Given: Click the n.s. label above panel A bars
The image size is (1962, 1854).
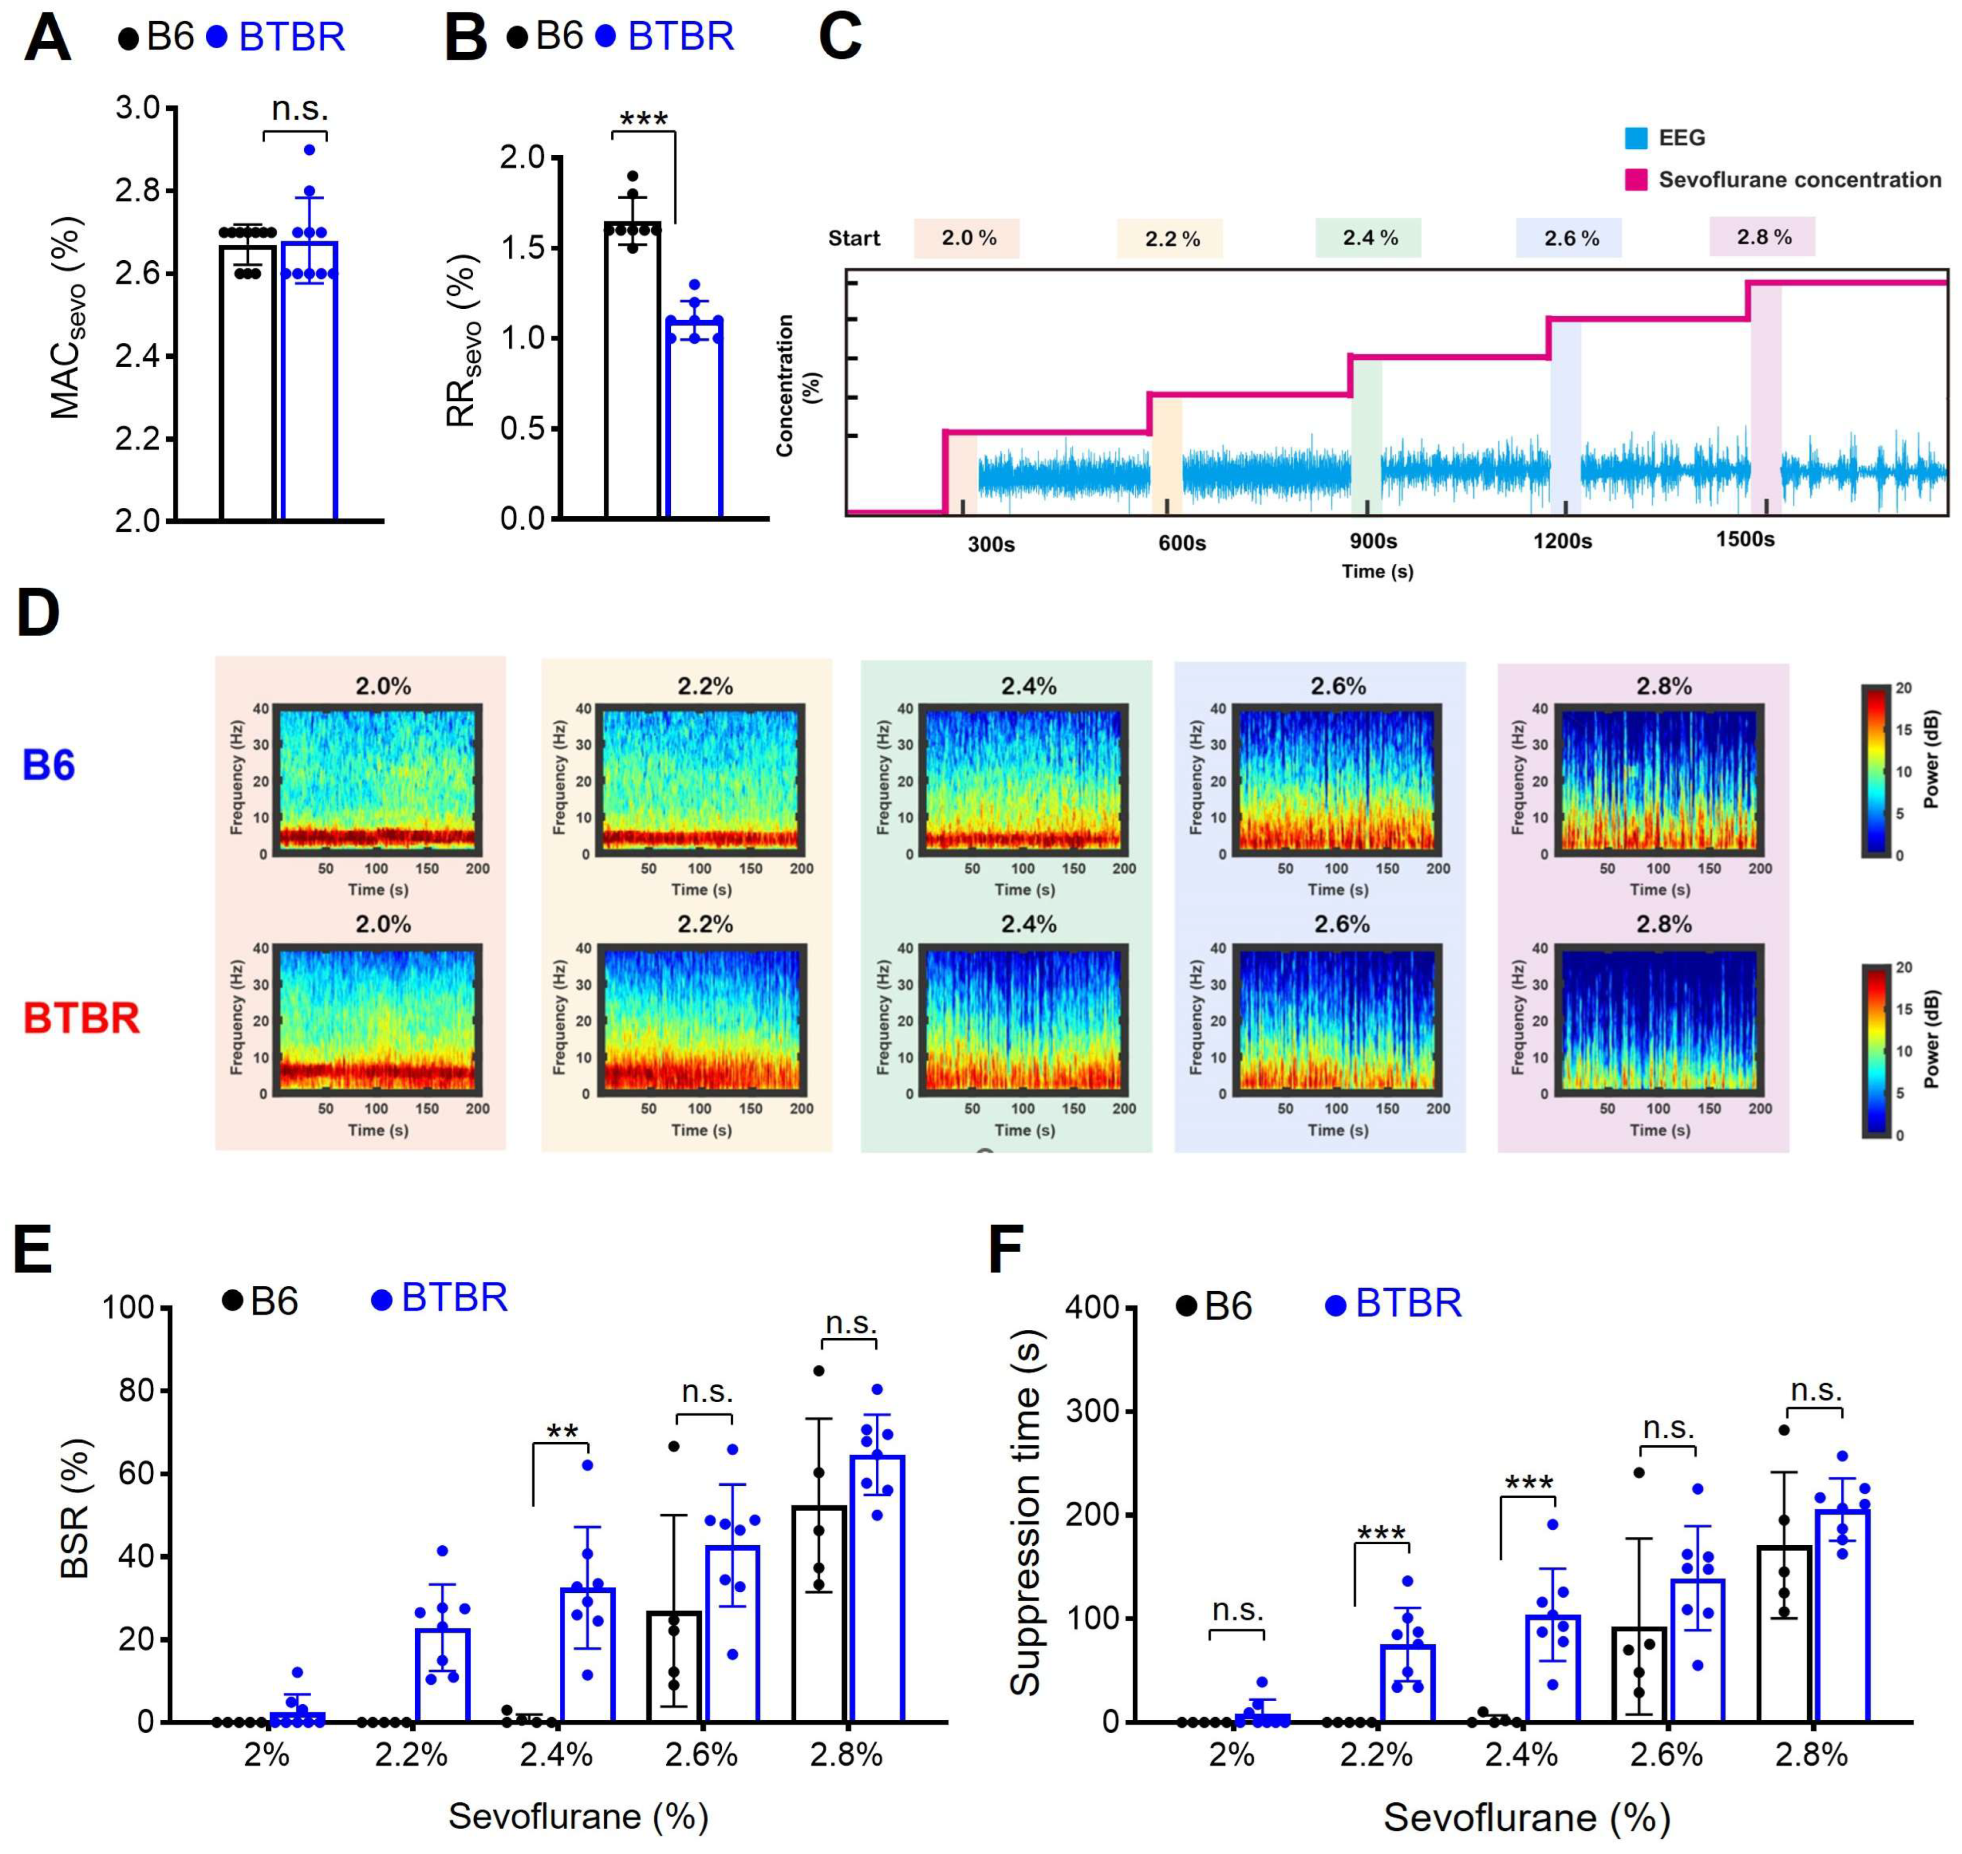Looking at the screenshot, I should (x=299, y=109).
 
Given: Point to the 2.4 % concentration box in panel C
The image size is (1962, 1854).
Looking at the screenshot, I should (x=1368, y=238).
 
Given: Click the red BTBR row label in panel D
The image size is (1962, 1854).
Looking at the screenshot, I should (x=81, y=1018).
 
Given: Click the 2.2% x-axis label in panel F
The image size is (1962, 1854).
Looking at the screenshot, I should (x=1376, y=1755).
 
